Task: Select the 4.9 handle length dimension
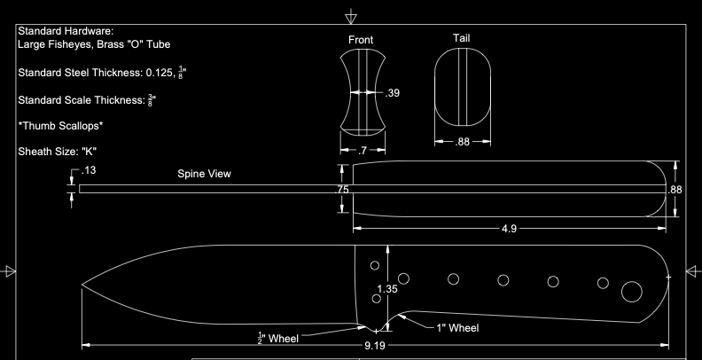pos(509,229)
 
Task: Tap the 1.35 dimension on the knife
pos(386,289)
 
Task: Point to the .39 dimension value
pos(393,92)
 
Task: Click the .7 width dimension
pos(362,152)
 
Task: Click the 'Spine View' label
pos(204,174)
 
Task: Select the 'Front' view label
pos(361,40)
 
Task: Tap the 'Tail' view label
pos(462,37)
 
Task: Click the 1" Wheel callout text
pos(457,328)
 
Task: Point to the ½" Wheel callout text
pos(277,338)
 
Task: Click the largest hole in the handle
pos(632,291)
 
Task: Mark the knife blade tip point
pos(82,286)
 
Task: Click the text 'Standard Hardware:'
pos(66,31)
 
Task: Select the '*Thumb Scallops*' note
pos(60,126)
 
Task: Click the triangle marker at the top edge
pos(352,16)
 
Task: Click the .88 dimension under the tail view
pos(462,142)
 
